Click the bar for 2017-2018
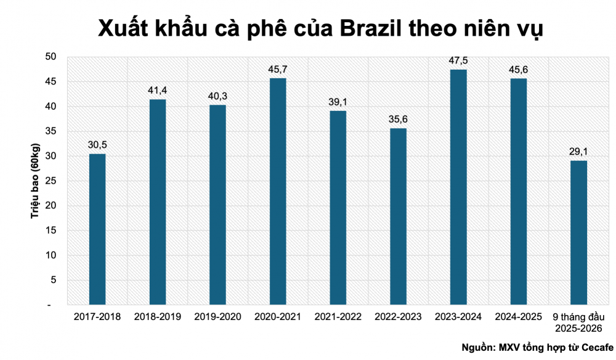[97, 229]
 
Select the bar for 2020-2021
[278, 191]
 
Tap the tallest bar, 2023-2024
[458, 187]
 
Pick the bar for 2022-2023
[398, 216]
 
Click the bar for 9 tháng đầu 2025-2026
[578, 232]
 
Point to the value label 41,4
[157, 91]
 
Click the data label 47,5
[458, 60]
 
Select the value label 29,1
[578, 152]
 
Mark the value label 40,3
[217, 96]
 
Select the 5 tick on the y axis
[54, 280]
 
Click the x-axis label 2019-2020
[217, 317]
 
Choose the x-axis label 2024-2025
[519, 317]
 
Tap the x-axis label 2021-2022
[338, 317]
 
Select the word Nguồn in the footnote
[477, 348]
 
